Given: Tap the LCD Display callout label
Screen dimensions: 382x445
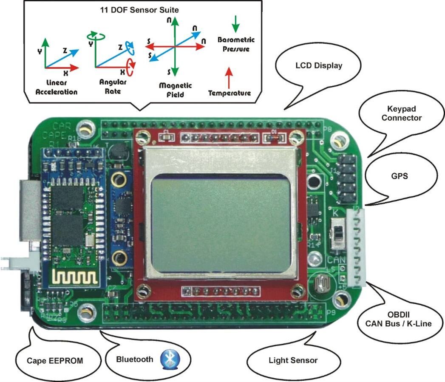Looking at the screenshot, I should (x=319, y=66).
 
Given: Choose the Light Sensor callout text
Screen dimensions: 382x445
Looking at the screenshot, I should (x=293, y=361).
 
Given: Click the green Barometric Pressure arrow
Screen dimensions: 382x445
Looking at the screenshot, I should (x=236, y=25).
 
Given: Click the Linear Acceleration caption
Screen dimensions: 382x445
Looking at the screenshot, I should (x=57, y=88).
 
